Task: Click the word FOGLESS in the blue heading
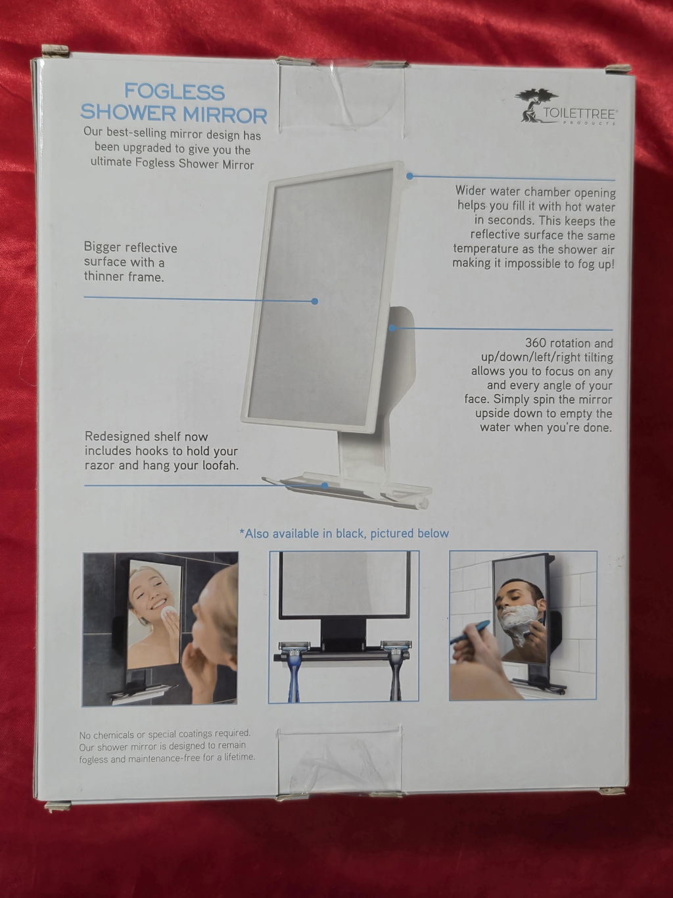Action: click(174, 92)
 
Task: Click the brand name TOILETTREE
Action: click(580, 113)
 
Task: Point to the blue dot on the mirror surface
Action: click(314, 301)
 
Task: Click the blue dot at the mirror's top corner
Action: click(409, 176)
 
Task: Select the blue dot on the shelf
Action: click(325, 486)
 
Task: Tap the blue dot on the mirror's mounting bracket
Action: click(392, 328)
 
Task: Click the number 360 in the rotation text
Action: click(535, 343)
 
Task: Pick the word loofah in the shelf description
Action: click(221, 465)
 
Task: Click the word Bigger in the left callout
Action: click(102, 248)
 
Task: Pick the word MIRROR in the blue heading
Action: click(225, 115)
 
